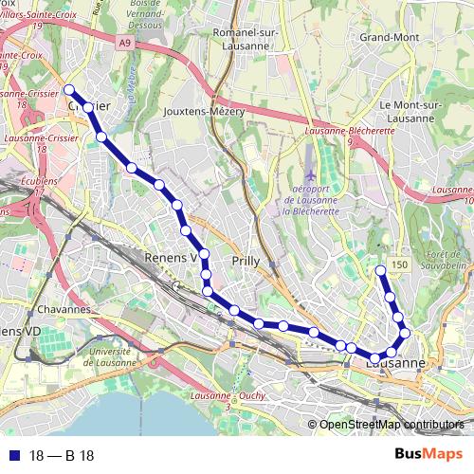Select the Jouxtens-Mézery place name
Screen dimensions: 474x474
pyautogui.click(x=204, y=111)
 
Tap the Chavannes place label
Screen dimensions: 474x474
pyautogui.click(x=65, y=310)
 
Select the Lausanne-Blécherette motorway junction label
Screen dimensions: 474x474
pyautogui.click(x=350, y=133)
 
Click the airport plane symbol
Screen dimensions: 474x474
pyautogui.click(x=313, y=176)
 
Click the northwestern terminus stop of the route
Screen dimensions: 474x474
pyautogui.click(x=69, y=90)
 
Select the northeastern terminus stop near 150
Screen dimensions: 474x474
pyautogui.click(x=381, y=271)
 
